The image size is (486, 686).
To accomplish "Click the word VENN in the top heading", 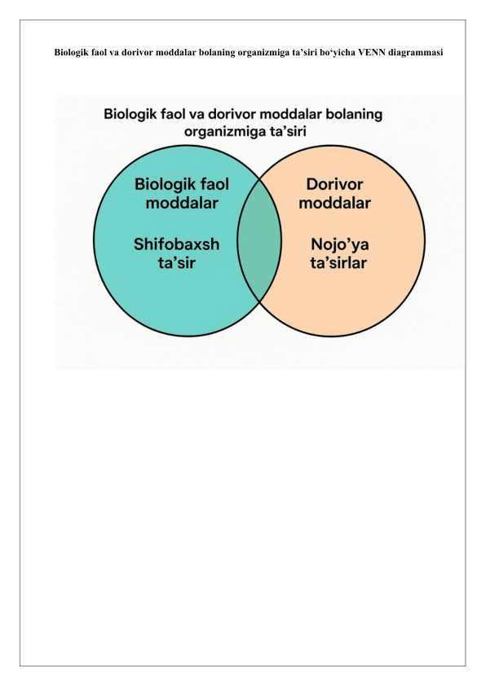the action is pyautogui.click(x=372, y=52).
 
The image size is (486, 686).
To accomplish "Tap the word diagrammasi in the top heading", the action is pyautogui.click(x=416, y=53).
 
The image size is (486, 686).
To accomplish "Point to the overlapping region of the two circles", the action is pyautogui.click(x=259, y=240).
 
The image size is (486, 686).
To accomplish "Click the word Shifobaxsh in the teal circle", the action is pyautogui.click(x=176, y=244).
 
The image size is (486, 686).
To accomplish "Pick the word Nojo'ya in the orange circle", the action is pyautogui.click(x=340, y=244).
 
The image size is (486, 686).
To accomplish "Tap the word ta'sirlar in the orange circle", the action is pyautogui.click(x=338, y=263).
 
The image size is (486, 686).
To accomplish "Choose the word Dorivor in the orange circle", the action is pyautogui.click(x=334, y=184).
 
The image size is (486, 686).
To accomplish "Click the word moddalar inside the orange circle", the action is pyautogui.click(x=334, y=203).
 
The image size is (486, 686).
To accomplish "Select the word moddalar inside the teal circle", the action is pyautogui.click(x=182, y=203).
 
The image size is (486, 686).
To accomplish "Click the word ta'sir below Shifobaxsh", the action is pyautogui.click(x=176, y=263).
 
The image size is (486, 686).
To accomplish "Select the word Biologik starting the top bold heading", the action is pyautogui.click(x=68, y=53).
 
